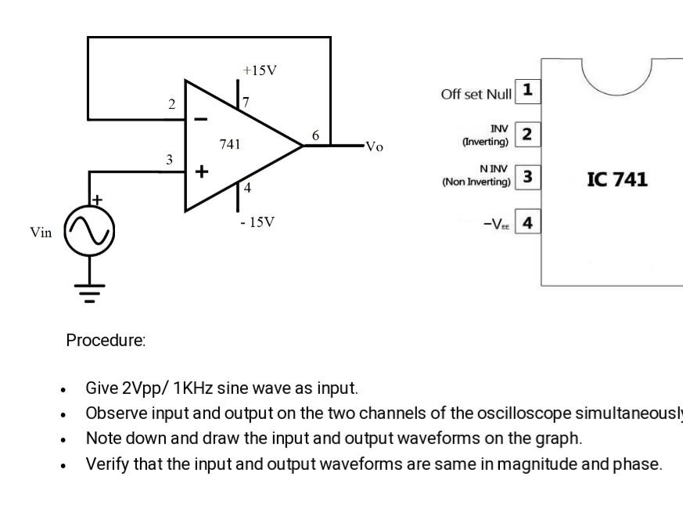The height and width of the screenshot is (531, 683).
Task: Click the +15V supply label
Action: (x=260, y=70)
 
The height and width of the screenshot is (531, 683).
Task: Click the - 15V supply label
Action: (x=257, y=222)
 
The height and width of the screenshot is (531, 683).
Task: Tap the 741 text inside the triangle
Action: (x=230, y=145)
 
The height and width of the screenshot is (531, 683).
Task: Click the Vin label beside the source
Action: (x=41, y=233)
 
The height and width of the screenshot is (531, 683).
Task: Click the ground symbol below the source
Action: (x=89, y=294)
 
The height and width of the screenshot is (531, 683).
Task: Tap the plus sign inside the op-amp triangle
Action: (x=201, y=172)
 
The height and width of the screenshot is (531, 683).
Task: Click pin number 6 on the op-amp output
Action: (x=315, y=135)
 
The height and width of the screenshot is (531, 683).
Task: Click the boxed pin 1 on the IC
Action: (x=528, y=90)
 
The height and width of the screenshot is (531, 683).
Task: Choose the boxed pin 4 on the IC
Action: (x=528, y=223)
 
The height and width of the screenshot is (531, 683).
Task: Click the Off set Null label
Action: (x=476, y=95)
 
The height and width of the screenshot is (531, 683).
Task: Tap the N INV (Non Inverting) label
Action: (x=476, y=175)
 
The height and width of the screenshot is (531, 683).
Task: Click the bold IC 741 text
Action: (x=617, y=179)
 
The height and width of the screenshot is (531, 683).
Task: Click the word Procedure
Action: (x=106, y=341)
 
